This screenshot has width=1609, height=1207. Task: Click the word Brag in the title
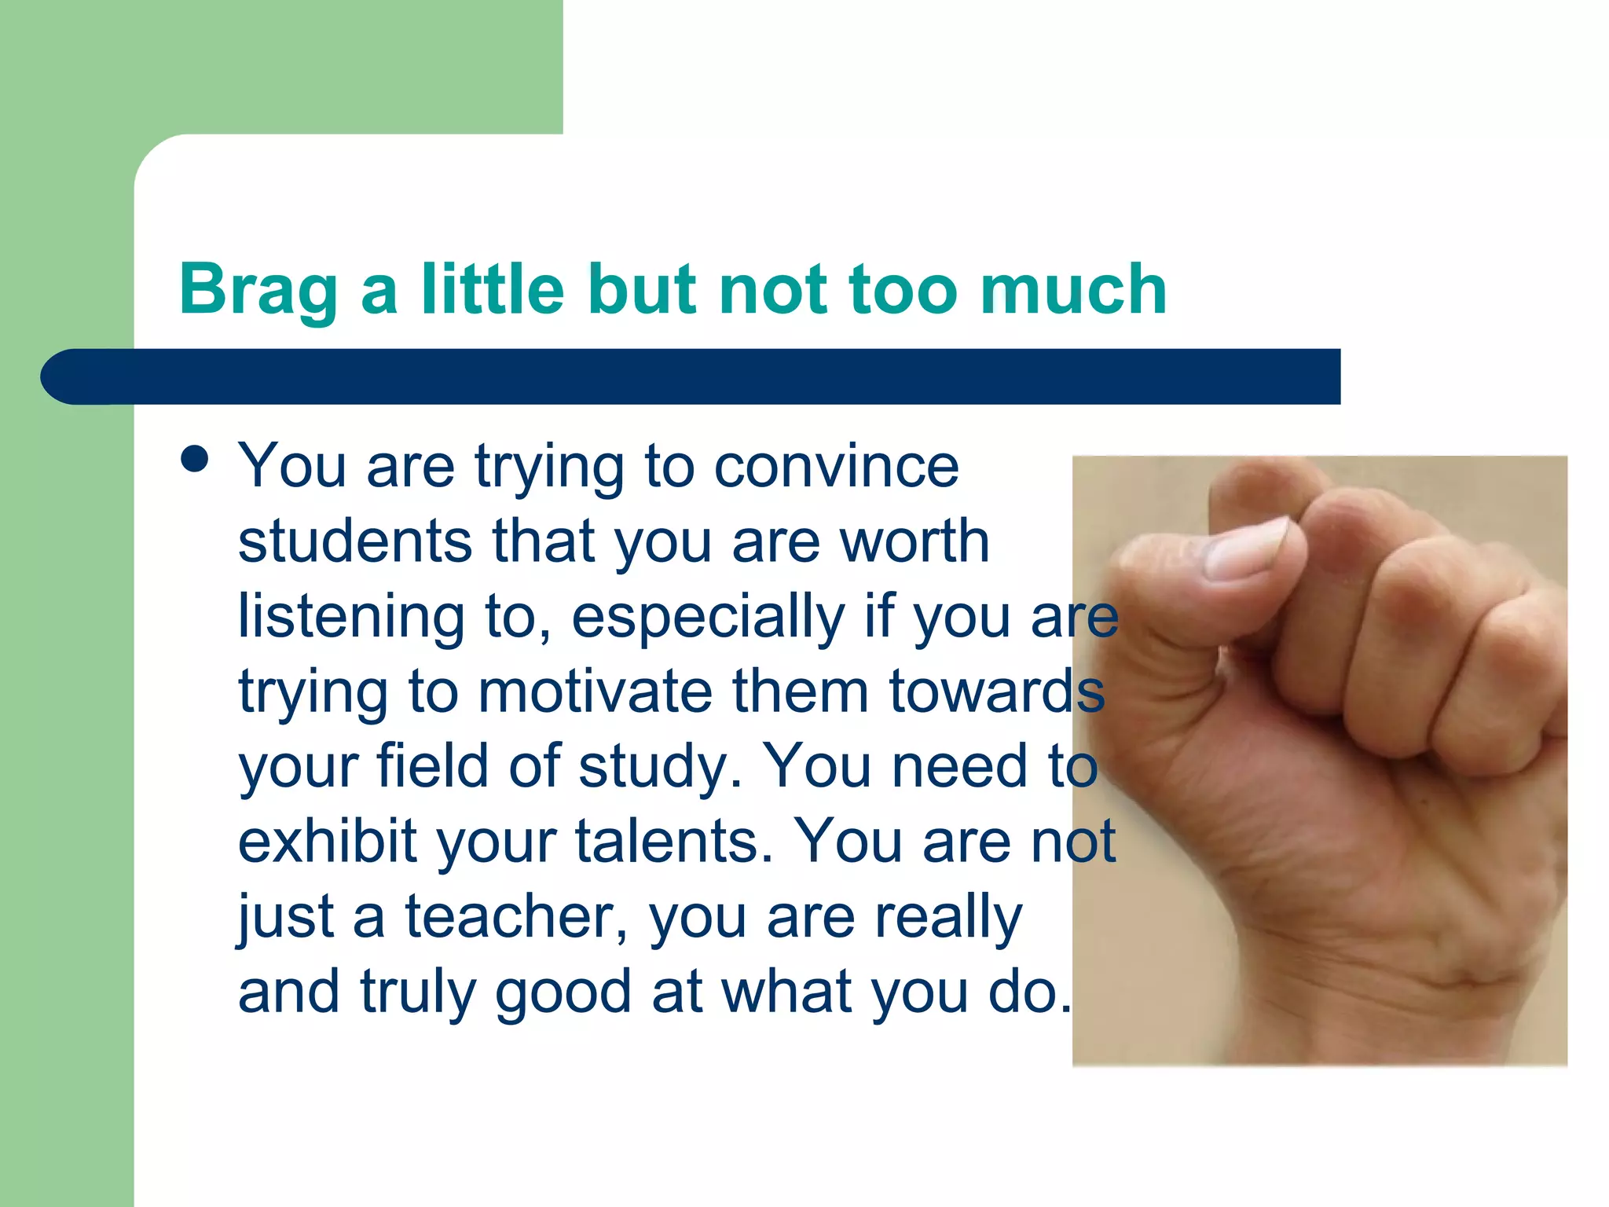click(x=258, y=291)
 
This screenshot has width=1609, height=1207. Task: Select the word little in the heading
click(x=493, y=289)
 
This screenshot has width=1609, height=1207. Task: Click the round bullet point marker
click(x=194, y=460)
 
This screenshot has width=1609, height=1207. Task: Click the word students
click(x=355, y=541)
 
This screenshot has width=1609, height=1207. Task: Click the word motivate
click(x=595, y=692)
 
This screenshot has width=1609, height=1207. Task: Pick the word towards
click(x=996, y=692)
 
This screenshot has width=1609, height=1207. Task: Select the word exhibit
click(x=327, y=842)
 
